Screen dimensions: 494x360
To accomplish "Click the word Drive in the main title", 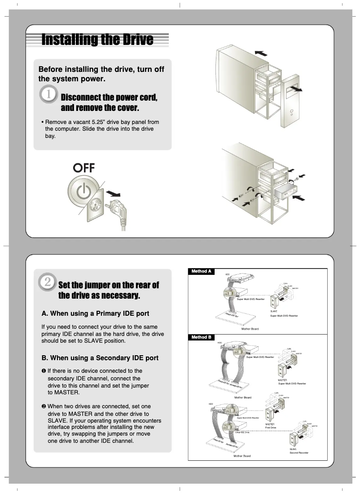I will point(133,40).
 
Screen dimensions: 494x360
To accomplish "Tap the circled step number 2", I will point(48,282).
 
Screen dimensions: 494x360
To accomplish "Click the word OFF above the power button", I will point(84,168).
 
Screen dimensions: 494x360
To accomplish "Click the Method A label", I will point(201,271).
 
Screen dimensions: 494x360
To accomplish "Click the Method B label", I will point(201,337).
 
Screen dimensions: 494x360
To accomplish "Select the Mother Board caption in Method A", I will point(250,329).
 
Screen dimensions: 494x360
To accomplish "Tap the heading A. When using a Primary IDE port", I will point(95,313).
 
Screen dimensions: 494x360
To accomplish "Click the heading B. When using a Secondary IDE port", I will point(100,358).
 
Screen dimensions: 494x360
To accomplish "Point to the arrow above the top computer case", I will point(260,53).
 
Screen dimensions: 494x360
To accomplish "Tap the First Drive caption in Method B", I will point(271,428).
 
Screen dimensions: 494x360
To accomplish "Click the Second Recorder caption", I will point(299,453).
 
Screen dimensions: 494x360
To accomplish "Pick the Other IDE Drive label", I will point(242,432).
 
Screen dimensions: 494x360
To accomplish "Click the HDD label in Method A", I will point(227,274).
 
